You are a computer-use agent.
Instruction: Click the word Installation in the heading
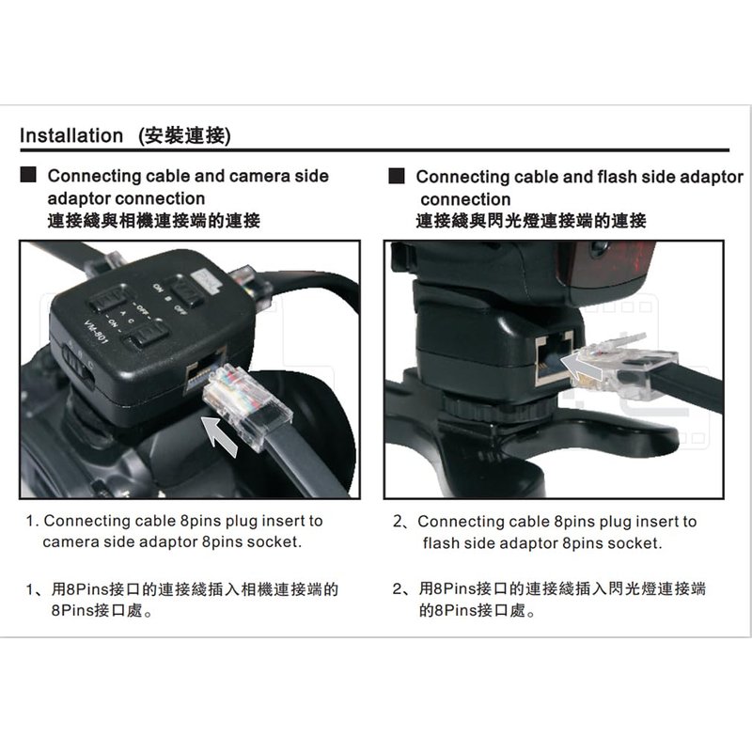(x=71, y=135)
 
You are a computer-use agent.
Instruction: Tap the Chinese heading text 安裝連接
(x=184, y=135)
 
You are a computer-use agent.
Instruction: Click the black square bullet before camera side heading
(x=28, y=175)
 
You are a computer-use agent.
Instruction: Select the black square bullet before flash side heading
(x=397, y=176)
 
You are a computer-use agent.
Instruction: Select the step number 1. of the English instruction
(x=32, y=521)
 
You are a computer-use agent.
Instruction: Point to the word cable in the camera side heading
(x=168, y=176)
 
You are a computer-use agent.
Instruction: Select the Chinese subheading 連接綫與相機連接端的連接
(x=153, y=221)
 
